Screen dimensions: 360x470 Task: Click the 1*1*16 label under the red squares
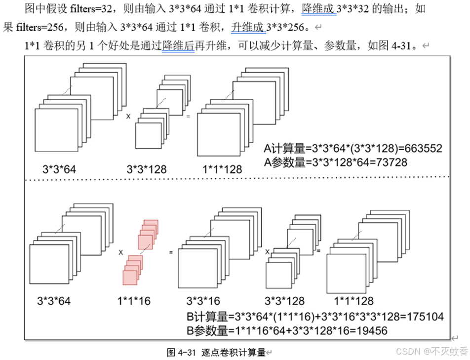tap(133, 301)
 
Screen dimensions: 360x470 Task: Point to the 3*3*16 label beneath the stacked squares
tap(203, 301)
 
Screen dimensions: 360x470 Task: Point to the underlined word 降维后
tap(178, 46)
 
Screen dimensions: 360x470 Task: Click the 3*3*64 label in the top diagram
tap(59, 169)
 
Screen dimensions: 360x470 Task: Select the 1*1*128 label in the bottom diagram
tap(353, 301)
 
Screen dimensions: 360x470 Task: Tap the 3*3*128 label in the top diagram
tap(147, 169)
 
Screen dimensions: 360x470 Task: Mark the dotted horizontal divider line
tap(237, 178)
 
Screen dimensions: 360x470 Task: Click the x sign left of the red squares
tap(120, 252)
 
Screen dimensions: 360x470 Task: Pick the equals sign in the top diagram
tap(188, 116)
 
